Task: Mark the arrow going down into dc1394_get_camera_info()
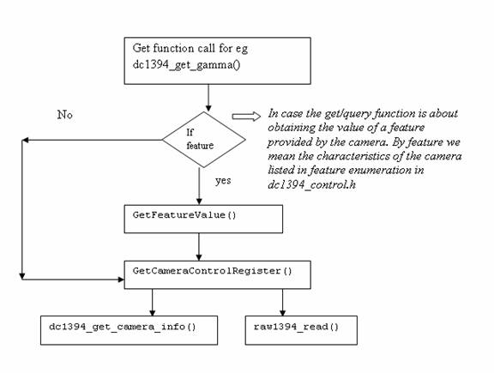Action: click(153, 302)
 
